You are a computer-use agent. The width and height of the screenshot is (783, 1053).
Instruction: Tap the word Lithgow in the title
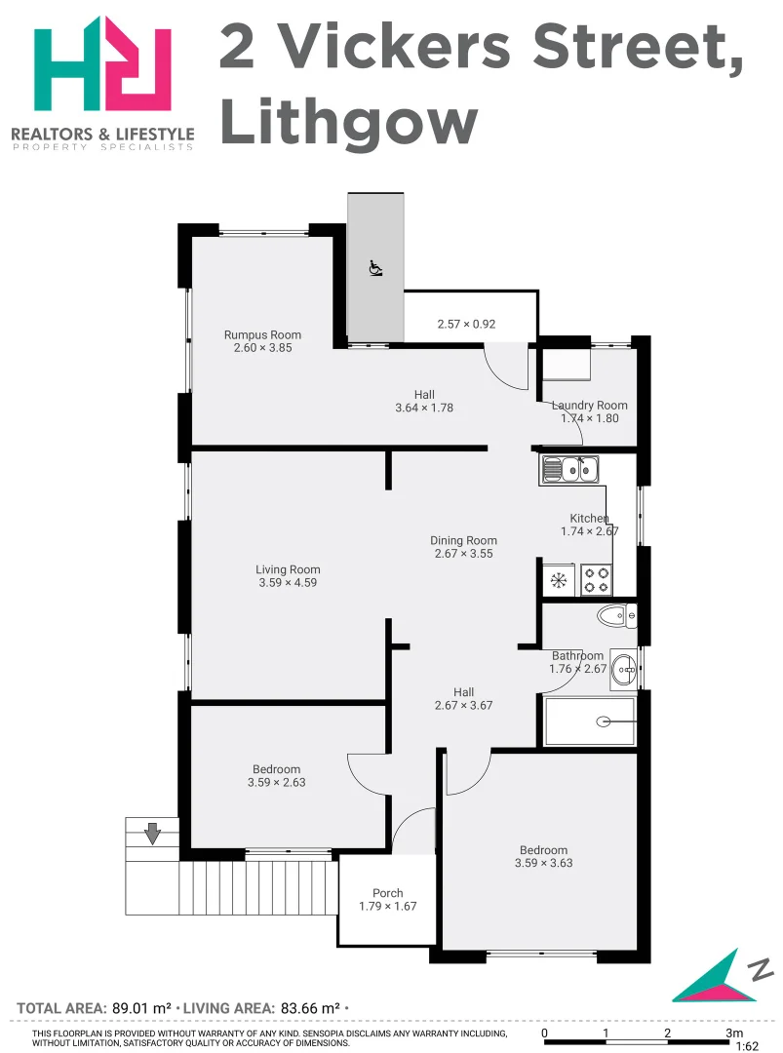coord(348,123)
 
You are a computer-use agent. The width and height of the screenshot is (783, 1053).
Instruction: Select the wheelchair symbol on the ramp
coord(375,267)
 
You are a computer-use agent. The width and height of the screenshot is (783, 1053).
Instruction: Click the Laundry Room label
coord(589,405)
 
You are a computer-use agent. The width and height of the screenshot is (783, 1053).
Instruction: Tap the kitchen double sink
coord(571,471)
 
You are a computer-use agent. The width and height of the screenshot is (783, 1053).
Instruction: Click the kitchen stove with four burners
coord(596,580)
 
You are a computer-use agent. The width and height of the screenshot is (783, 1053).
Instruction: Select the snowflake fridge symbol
coord(560,581)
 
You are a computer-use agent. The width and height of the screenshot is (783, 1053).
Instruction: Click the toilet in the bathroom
coord(616,615)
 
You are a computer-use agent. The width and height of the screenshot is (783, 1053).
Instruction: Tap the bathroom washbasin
coord(625,669)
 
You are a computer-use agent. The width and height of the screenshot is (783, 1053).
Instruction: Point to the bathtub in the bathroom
coord(590,721)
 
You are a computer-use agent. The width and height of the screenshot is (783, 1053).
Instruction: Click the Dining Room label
coord(464,540)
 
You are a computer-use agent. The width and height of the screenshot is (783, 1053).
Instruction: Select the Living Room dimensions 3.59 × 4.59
coord(288,583)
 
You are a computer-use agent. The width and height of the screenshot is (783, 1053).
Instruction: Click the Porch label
coord(387,893)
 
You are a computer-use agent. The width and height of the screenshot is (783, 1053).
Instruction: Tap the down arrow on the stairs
coord(152,834)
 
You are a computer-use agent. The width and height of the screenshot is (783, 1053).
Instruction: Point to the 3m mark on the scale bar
coord(732,1033)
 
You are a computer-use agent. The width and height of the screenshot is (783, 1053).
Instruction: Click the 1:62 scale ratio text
coord(747,1046)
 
